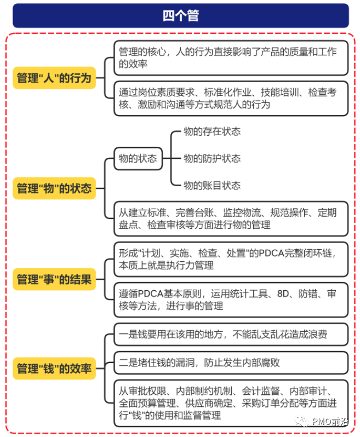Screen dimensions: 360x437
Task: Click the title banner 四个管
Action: (x=180, y=16)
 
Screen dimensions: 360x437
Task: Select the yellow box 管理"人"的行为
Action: (x=54, y=78)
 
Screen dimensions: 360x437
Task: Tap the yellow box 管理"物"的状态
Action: (x=54, y=188)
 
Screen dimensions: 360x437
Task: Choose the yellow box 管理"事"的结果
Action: (x=54, y=279)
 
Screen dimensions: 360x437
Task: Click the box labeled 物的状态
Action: (x=138, y=159)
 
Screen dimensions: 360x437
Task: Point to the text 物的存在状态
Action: (x=212, y=131)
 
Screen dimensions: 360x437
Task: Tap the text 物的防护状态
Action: (x=212, y=158)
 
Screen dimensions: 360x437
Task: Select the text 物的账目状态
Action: (x=212, y=185)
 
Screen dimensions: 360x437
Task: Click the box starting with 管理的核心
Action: (x=231, y=58)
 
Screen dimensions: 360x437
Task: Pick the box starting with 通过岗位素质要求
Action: (x=231, y=98)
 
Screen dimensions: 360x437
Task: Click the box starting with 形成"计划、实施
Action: (x=231, y=259)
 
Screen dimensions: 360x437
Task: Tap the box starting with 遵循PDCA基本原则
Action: (x=231, y=300)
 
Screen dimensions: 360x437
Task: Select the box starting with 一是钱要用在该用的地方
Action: (x=231, y=334)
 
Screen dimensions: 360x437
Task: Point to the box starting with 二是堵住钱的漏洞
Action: (x=231, y=362)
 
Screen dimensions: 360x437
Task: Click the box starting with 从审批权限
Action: (x=231, y=403)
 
